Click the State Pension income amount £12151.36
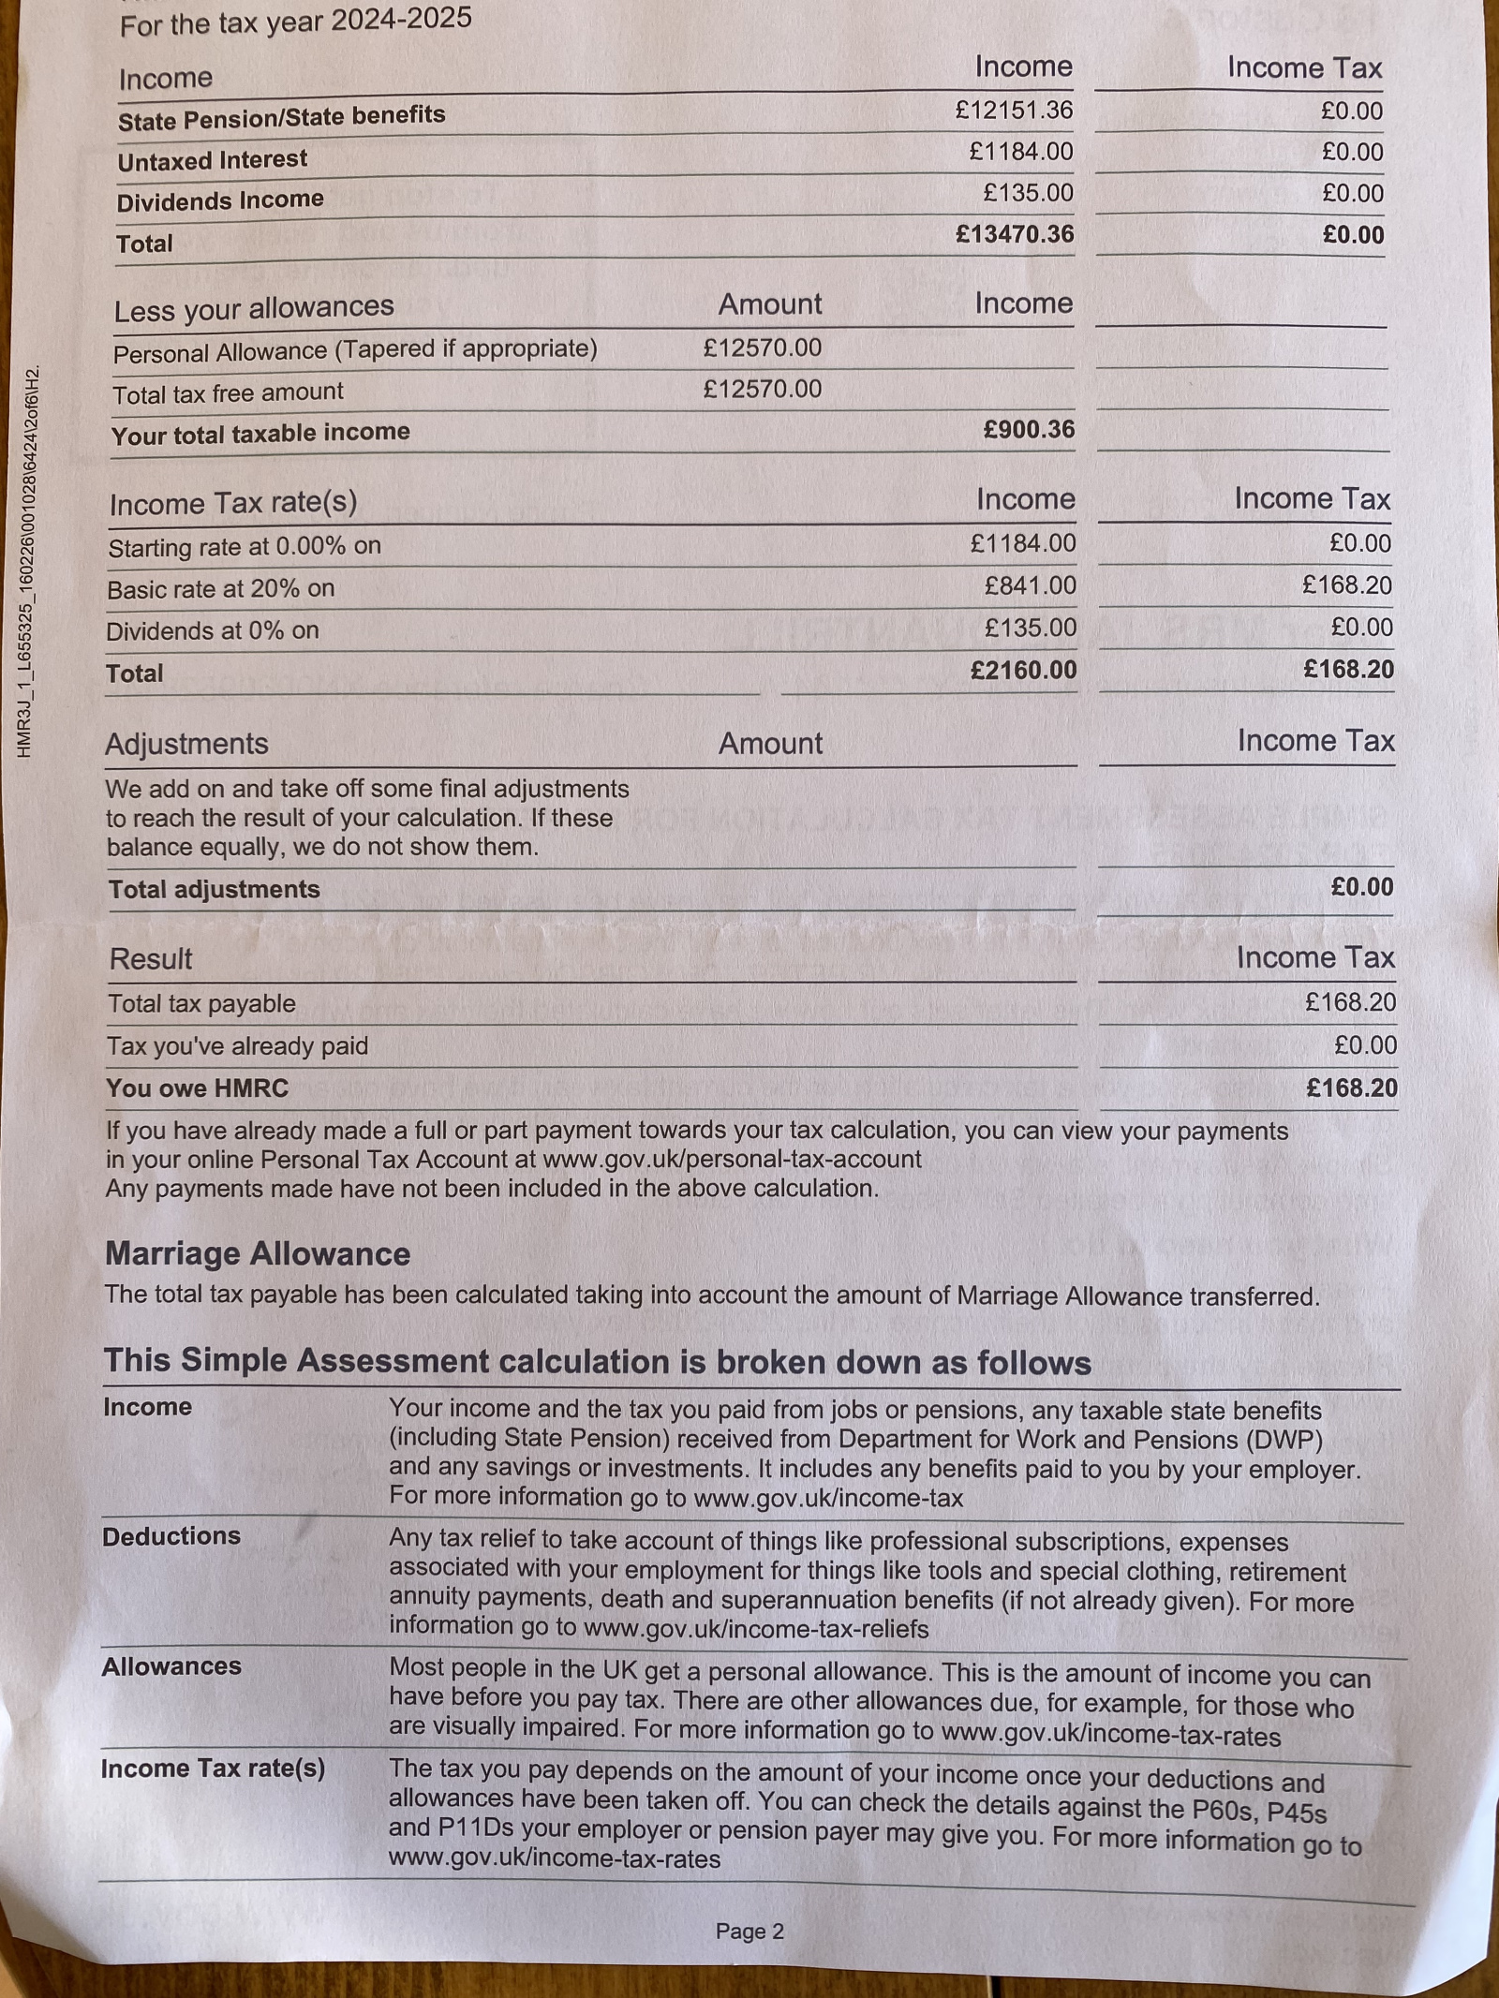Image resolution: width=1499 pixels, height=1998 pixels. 1014,111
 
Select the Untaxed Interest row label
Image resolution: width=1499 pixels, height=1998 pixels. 212,160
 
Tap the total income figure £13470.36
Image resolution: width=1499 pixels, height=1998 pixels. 1014,234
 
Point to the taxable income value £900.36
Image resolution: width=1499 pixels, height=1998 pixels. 1028,430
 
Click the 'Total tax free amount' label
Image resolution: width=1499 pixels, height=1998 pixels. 228,393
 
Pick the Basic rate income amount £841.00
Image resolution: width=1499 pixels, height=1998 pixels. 1030,586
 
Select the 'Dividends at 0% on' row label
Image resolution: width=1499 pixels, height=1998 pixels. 212,631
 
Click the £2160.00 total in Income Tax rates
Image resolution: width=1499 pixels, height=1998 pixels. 1023,671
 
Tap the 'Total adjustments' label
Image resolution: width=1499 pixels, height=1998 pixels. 214,890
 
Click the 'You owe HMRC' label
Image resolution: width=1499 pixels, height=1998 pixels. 197,1088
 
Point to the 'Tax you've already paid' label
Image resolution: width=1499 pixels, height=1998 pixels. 237,1046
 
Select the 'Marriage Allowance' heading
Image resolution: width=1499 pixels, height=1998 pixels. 258,1254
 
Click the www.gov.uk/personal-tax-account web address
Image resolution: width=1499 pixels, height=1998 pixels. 732,1160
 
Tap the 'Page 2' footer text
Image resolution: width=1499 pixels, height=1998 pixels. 749,1931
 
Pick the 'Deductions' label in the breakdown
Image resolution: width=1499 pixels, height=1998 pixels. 171,1537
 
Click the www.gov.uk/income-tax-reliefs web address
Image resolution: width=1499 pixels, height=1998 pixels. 756,1630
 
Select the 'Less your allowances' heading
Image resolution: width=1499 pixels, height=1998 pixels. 254,308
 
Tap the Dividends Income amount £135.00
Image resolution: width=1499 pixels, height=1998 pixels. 1028,193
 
